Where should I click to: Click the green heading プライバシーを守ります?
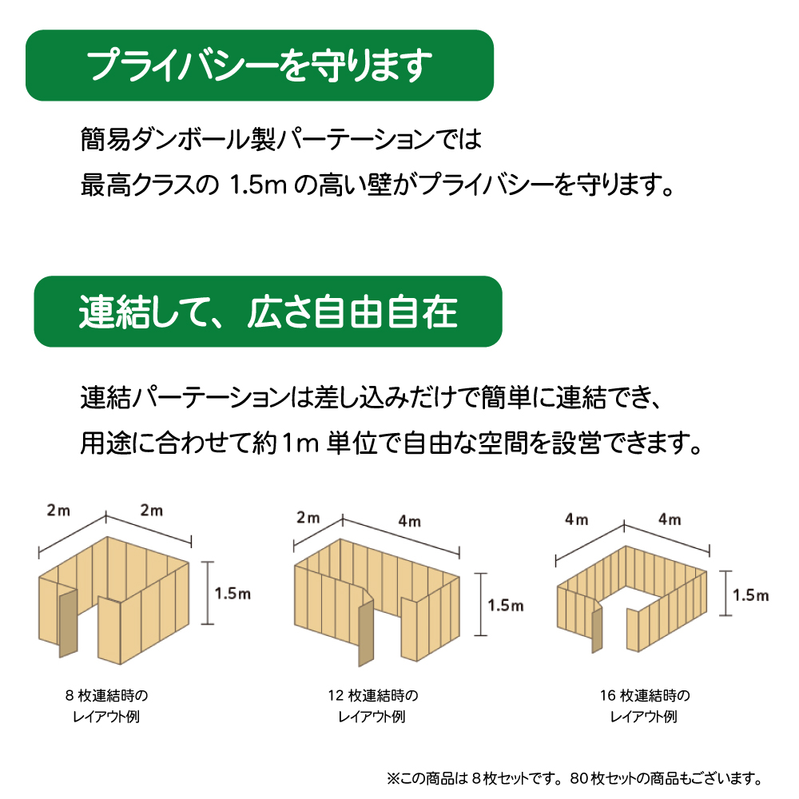pos(260,66)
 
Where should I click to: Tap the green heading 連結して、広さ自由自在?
pos(268,312)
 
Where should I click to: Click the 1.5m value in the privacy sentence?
pos(253,186)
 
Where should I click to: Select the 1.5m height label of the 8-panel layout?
pos(233,593)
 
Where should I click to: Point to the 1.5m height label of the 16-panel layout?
pos(750,595)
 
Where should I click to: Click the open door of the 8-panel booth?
pos(66,622)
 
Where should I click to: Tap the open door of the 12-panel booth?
pos(366,634)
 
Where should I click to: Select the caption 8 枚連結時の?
pos(107,695)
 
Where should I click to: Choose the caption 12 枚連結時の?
pos(372,695)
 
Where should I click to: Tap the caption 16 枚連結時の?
pos(644,695)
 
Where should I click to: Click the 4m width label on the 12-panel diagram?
pos(409,522)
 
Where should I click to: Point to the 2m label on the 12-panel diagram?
pos(308,518)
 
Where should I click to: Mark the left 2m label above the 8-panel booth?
pos(58,511)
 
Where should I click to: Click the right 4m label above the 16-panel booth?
pos(670,520)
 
